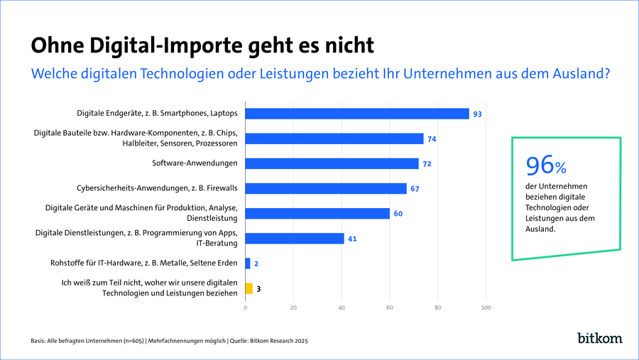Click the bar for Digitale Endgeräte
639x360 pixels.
click(x=357, y=114)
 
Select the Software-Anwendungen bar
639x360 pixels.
click(x=332, y=163)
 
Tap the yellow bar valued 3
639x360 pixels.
click(x=249, y=288)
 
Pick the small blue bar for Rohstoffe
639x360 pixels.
click(x=248, y=263)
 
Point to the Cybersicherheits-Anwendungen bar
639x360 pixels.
click(x=326, y=188)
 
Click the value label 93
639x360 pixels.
click(x=477, y=114)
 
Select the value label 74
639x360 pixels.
click(x=432, y=139)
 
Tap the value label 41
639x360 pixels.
click(x=352, y=239)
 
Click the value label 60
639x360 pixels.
click(x=398, y=214)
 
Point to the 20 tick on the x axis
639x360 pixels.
click(x=293, y=307)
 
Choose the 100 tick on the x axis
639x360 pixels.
click(x=486, y=307)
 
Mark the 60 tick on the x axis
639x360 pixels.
click(x=390, y=307)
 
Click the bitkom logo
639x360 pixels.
click(x=599, y=338)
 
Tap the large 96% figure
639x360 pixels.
click(x=546, y=165)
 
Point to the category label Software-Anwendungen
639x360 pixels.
click(x=195, y=163)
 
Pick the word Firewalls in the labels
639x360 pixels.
click(x=222, y=188)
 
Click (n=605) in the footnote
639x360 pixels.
click(x=133, y=341)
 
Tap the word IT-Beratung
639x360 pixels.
click(x=217, y=243)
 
